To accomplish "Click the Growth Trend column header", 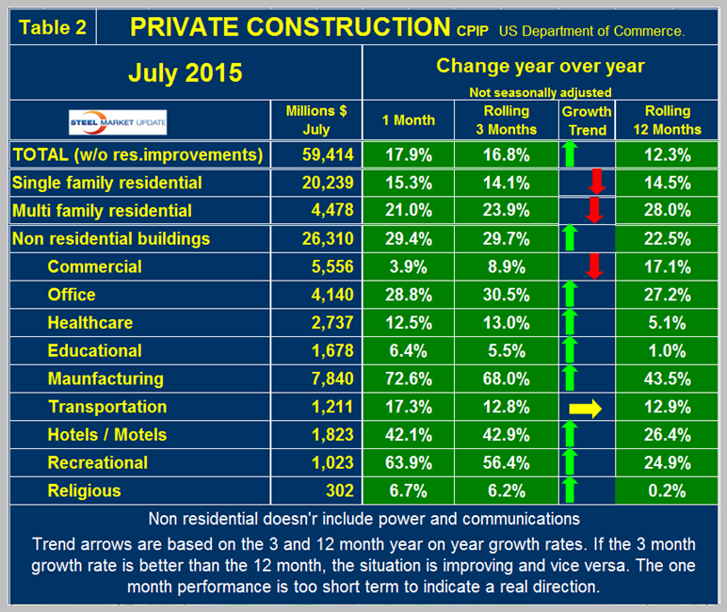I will click(587, 120).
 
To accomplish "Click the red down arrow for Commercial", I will click(593, 266).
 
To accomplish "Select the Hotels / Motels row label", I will click(106, 435).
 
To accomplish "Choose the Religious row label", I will click(84, 491).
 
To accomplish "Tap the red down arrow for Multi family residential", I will click(593, 209).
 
